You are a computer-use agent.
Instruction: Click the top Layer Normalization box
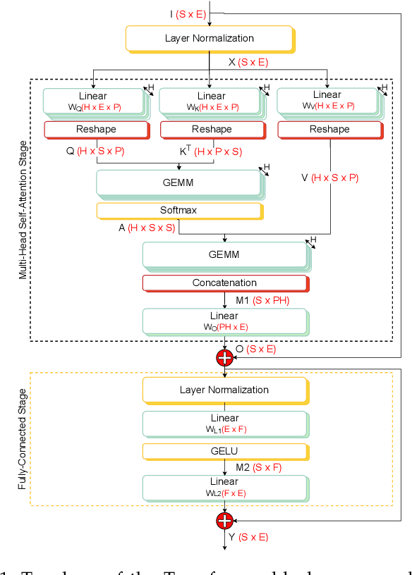(209, 38)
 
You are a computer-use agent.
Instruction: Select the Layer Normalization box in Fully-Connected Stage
(224, 390)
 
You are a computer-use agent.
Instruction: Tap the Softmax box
(179, 210)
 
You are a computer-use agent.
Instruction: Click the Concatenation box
(224, 283)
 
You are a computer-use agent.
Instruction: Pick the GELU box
(224, 450)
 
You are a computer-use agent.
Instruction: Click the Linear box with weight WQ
(93, 101)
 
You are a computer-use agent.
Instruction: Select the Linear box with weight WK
(210, 101)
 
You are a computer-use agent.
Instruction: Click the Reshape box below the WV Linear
(329, 129)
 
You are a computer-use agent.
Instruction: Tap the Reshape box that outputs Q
(96, 129)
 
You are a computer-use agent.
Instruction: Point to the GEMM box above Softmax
(178, 183)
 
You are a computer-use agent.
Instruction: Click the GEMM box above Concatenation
(224, 254)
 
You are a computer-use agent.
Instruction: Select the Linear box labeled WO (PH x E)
(224, 321)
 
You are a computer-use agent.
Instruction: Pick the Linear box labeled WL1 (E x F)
(224, 422)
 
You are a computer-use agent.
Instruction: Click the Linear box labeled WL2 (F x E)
(224, 486)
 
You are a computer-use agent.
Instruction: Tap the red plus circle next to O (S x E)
(224, 357)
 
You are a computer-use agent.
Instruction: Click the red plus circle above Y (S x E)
(224, 520)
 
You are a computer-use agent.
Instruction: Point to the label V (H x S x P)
(329, 178)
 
